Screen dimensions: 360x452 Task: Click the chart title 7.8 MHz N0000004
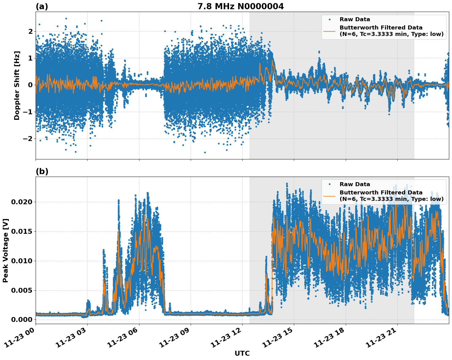[240, 6]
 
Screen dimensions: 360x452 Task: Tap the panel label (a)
[42, 6]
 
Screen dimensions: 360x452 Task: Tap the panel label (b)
[42, 171]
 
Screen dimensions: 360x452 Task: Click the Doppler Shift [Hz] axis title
[17, 85]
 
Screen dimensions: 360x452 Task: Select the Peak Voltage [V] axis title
[6, 250]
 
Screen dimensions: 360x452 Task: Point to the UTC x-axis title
[242, 353]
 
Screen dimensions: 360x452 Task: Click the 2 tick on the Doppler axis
[30, 31]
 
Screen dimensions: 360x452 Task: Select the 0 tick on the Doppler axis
[30, 85]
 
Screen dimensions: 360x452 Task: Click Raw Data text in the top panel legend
[355, 20]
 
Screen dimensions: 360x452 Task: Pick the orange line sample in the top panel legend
[329, 31]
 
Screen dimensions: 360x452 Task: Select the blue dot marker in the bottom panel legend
[329, 184]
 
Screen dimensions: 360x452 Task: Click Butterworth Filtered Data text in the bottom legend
[381, 193]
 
